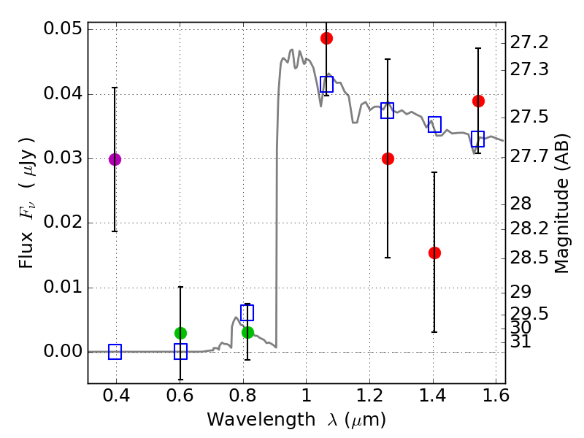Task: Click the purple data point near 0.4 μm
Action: pyautogui.click(x=115, y=159)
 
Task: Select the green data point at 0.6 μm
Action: pyautogui.click(x=180, y=333)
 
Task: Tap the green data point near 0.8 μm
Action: pyautogui.click(x=247, y=332)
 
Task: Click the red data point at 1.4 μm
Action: pyautogui.click(x=434, y=253)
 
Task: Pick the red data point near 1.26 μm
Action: pyautogui.click(x=388, y=158)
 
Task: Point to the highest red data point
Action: pyautogui.click(x=326, y=38)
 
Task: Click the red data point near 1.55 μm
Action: pyautogui.click(x=478, y=101)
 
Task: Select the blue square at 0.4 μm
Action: pyautogui.click(x=115, y=352)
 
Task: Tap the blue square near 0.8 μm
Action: pyautogui.click(x=247, y=312)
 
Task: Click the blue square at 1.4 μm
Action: pyautogui.click(x=434, y=123)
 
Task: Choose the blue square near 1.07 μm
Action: pyautogui.click(x=326, y=84)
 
